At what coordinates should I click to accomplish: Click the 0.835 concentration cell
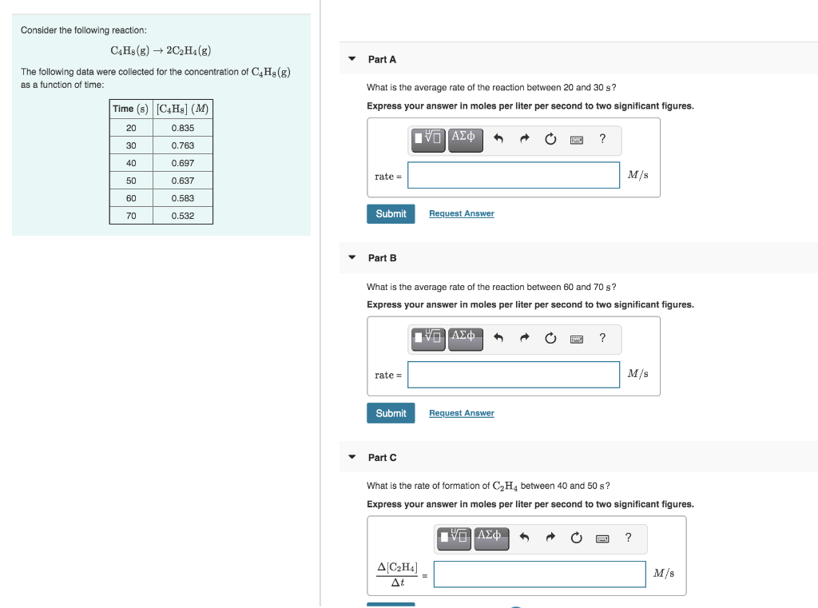(182, 128)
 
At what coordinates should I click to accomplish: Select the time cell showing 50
(131, 181)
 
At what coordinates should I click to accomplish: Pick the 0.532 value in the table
(182, 216)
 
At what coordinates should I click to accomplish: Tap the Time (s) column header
(130, 109)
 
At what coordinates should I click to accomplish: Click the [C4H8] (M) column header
(182, 109)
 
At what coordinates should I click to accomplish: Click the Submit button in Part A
(391, 214)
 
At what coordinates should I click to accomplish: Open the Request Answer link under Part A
(461, 214)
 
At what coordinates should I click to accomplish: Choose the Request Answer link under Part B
(461, 413)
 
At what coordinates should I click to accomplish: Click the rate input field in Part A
(513, 176)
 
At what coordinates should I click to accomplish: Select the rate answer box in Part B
(513, 375)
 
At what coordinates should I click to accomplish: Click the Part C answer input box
(539, 574)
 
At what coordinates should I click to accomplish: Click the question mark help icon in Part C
(628, 538)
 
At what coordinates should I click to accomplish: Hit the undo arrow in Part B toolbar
(498, 338)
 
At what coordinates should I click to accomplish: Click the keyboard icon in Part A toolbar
(576, 140)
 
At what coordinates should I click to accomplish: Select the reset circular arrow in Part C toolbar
(576, 538)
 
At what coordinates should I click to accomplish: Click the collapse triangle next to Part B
(351, 258)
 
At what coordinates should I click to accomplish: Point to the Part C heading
(382, 458)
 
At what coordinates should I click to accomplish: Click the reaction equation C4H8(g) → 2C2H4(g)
(161, 50)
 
